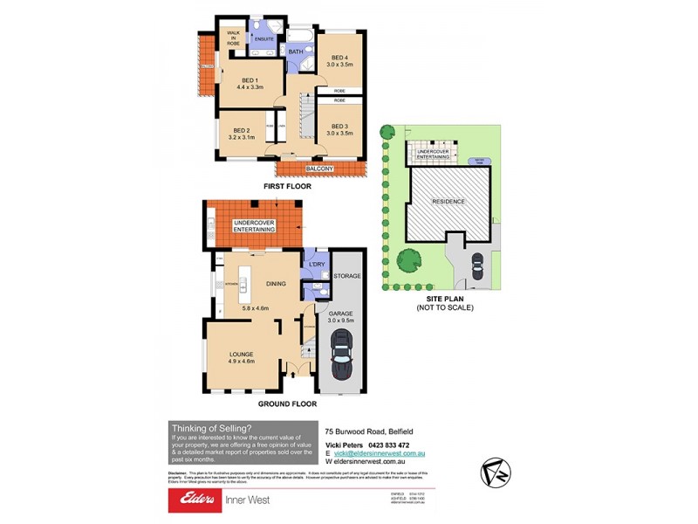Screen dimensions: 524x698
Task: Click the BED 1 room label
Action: (x=250, y=79)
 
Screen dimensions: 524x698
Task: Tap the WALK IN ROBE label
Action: (x=234, y=37)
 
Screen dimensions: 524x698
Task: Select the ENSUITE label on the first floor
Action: (x=264, y=39)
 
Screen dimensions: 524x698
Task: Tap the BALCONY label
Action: (x=319, y=168)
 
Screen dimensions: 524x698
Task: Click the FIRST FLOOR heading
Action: (x=288, y=186)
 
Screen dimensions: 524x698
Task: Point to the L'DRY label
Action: (x=316, y=264)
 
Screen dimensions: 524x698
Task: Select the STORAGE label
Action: (x=346, y=276)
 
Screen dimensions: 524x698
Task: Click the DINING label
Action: (x=276, y=284)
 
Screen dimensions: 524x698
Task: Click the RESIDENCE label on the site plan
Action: (x=449, y=202)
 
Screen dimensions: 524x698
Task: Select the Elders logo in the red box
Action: (x=197, y=500)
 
